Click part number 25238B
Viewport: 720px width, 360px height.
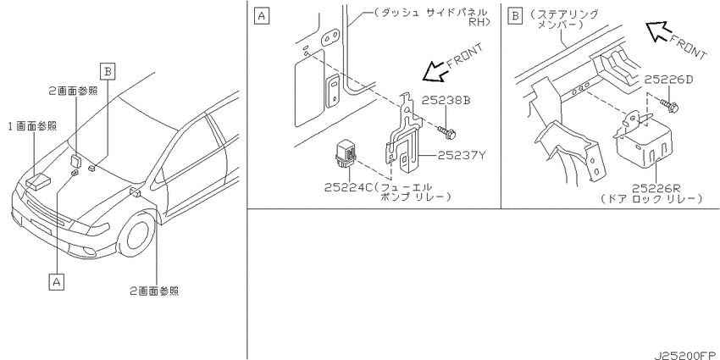[x=446, y=100]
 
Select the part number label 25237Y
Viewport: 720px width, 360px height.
[x=461, y=155]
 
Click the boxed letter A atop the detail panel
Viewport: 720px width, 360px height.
[x=261, y=16]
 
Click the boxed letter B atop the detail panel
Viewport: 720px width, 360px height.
[x=516, y=16]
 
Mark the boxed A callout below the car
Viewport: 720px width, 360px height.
[x=57, y=281]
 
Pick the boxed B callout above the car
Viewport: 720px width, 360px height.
[x=107, y=72]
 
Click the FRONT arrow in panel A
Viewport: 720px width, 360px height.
[x=435, y=72]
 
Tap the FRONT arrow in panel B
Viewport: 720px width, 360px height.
[x=659, y=31]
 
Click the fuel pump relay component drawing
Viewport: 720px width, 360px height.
[x=346, y=156]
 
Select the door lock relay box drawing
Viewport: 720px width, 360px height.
[x=644, y=138]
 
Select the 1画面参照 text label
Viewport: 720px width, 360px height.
[x=32, y=126]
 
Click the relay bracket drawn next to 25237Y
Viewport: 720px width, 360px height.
[x=403, y=132]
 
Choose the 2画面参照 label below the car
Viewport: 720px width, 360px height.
[x=154, y=291]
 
